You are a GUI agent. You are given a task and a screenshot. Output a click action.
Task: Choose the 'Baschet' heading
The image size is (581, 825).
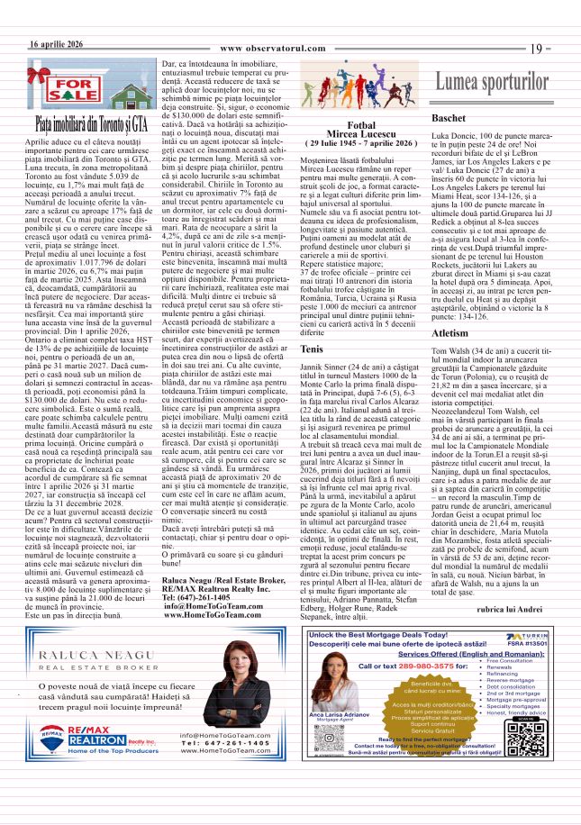coord(449,119)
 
